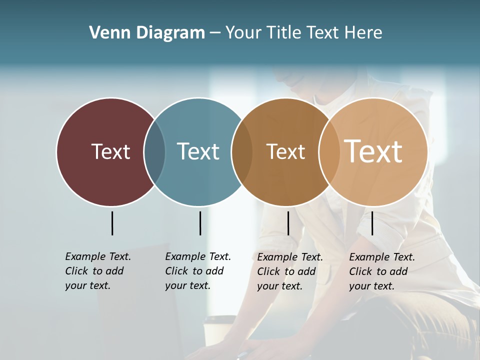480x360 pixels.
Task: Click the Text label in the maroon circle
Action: click(110, 151)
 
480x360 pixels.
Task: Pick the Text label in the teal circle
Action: click(198, 151)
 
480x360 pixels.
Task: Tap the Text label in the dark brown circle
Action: click(285, 151)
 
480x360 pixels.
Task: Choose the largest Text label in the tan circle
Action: click(373, 151)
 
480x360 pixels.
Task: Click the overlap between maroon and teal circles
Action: click(154, 152)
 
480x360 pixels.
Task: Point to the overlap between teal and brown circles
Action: click(242, 152)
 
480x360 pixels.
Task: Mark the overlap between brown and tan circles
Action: click(329, 152)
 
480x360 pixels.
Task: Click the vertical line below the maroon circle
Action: click(112, 223)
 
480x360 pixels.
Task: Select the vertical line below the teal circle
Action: click(200, 223)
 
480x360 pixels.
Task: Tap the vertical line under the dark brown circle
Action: click(288, 223)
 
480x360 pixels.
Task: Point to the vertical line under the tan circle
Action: click(372, 223)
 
